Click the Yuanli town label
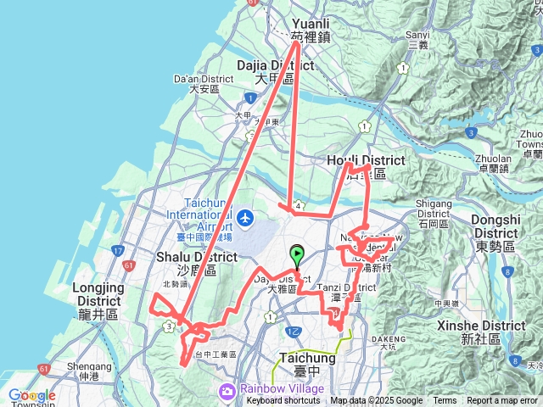click(x=309, y=30)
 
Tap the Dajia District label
click(x=264, y=70)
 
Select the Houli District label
click(x=366, y=165)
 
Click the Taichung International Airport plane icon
click(x=246, y=219)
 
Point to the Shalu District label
click(x=196, y=262)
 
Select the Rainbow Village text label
click(x=270, y=389)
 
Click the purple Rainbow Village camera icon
click(x=227, y=390)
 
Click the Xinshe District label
click(x=493, y=332)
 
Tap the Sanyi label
click(x=417, y=39)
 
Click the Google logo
click(x=31, y=395)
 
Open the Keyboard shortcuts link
click(x=283, y=401)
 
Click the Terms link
click(x=445, y=401)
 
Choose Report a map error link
click(x=503, y=401)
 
